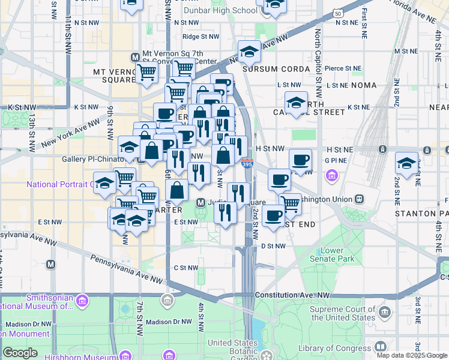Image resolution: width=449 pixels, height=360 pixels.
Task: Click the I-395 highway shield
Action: [247, 163]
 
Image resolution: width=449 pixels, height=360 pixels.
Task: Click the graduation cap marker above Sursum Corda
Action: [249, 52]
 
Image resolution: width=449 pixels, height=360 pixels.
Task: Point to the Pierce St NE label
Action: [339, 68]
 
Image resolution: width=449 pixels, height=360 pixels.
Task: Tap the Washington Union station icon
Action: [358, 199]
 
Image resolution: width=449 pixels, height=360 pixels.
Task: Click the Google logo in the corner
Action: [20, 352]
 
